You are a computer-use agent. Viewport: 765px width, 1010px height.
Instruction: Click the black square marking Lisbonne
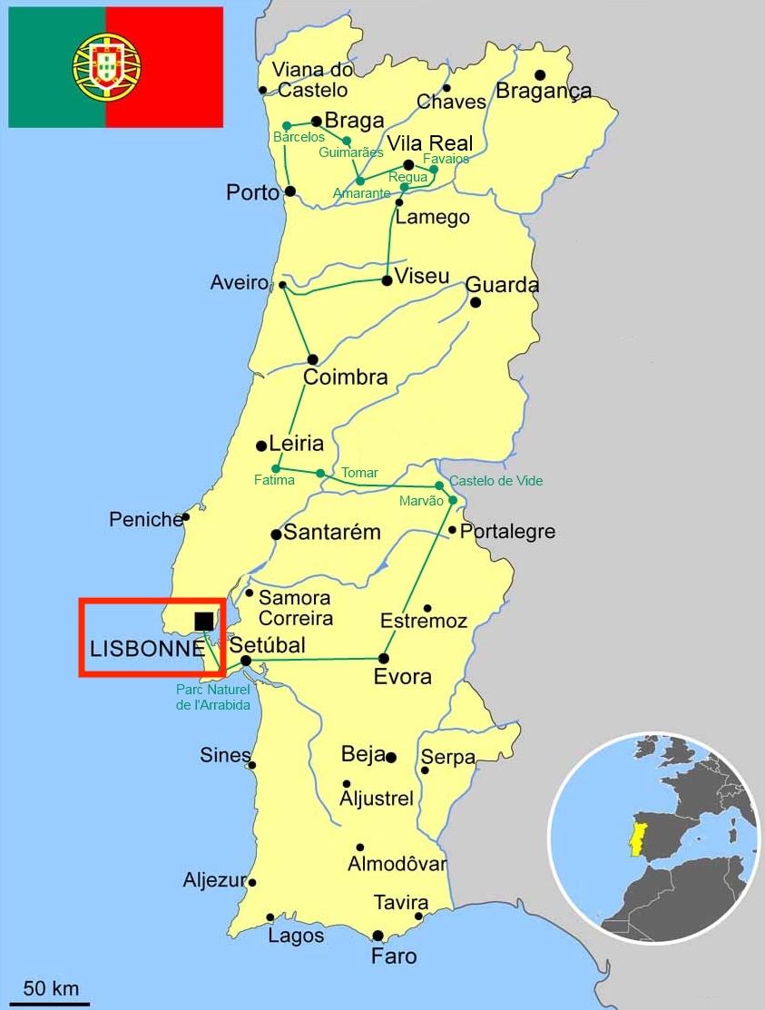[x=204, y=621]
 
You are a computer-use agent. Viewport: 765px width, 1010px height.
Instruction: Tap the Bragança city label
[x=544, y=91]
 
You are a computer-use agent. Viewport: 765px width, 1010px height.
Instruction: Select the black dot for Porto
[x=289, y=191]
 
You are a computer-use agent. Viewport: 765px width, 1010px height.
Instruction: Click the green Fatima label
[x=275, y=480]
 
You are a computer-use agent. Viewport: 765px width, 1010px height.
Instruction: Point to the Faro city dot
[x=378, y=936]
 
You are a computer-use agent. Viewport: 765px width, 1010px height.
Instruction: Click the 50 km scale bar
[x=51, y=1003]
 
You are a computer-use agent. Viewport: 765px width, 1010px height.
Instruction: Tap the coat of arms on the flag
[x=107, y=66]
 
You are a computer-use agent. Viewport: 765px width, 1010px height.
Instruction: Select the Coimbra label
[x=345, y=378]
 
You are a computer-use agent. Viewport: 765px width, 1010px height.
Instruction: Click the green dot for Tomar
[x=320, y=473]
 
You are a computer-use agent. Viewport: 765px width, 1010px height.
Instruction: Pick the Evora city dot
[x=384, y=658]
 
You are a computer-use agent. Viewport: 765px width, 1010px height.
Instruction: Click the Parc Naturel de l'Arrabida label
[x=212, y=697]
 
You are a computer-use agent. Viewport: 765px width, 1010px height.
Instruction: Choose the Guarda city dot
[x=475, y=302]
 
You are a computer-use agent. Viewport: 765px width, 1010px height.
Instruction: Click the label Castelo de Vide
[x=496, y=481]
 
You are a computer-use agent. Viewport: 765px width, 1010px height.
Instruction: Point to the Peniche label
[x=145, y=520]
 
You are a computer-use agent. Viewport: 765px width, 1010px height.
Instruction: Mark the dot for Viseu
[x=387, y=280]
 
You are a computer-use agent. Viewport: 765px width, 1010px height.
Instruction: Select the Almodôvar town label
[x=397, y=864]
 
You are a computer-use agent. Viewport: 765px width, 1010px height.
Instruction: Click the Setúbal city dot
[x=245, y=661]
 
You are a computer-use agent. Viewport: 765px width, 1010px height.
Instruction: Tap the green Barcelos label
[x=299, y=137]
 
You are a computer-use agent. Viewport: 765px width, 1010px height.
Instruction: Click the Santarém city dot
[x=276, y=534]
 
